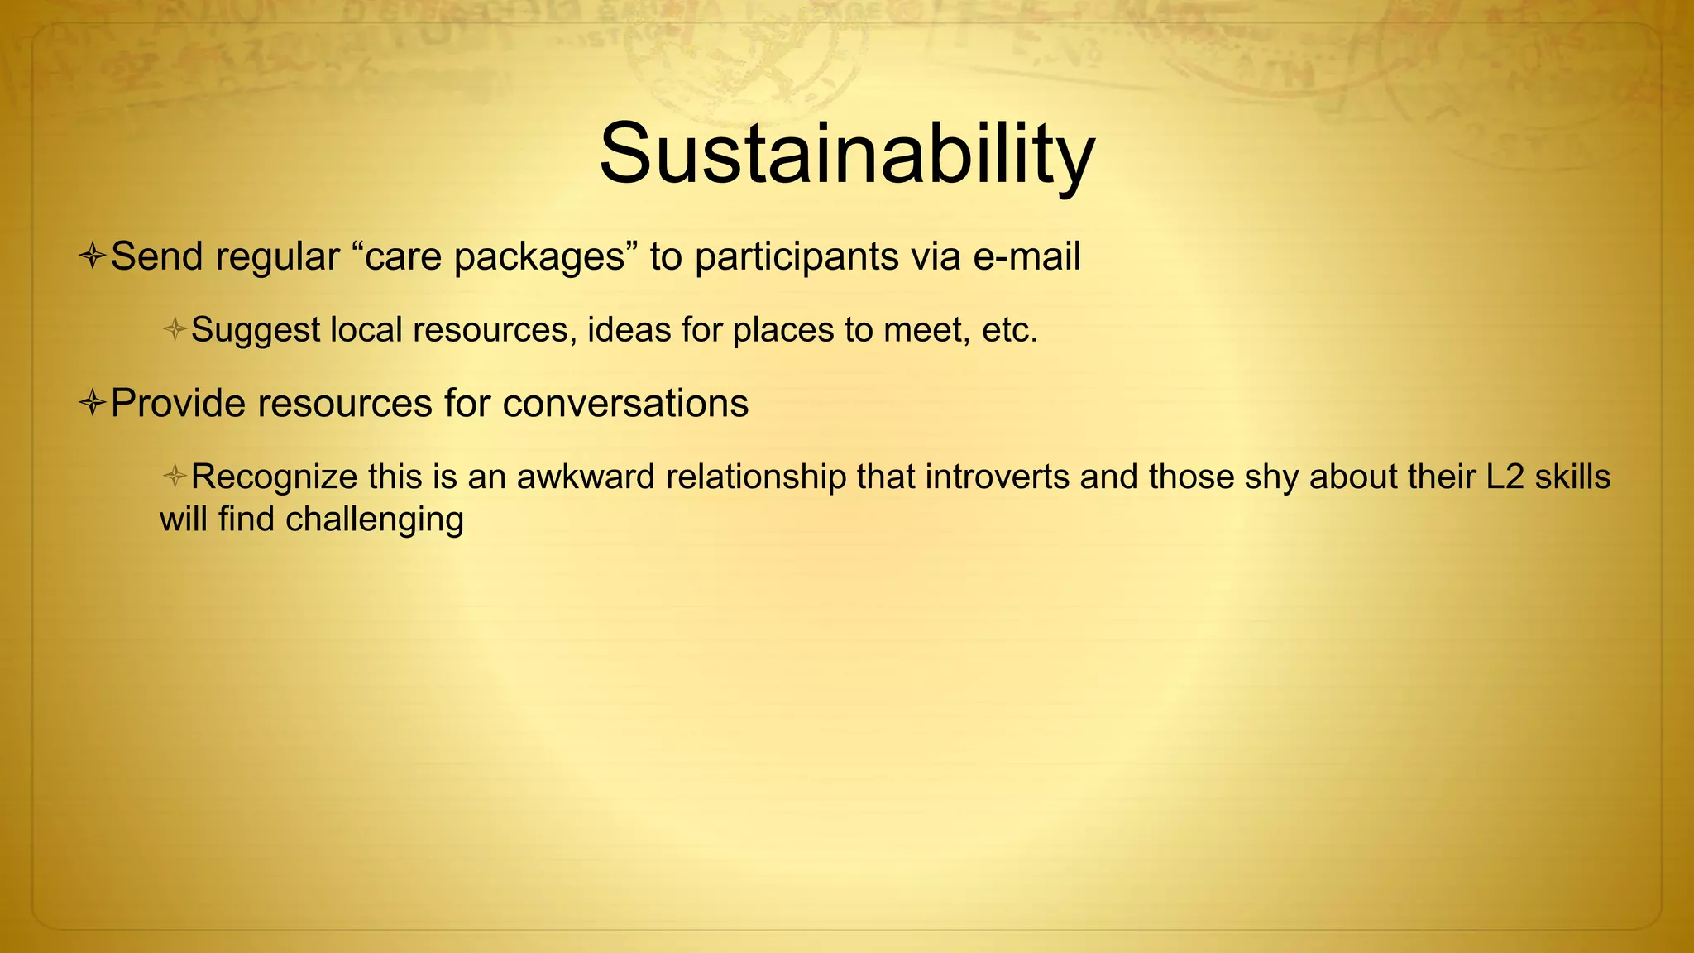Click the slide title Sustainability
(x=846, y=155)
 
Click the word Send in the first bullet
(x=157, y=256)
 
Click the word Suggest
(x=256, y=330)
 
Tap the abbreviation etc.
(x=1009, y=330)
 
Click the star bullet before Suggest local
(x=175, y=330)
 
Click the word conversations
(x=625, y=404)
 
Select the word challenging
(x=375, y=520)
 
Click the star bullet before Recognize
(x=175, y=476)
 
